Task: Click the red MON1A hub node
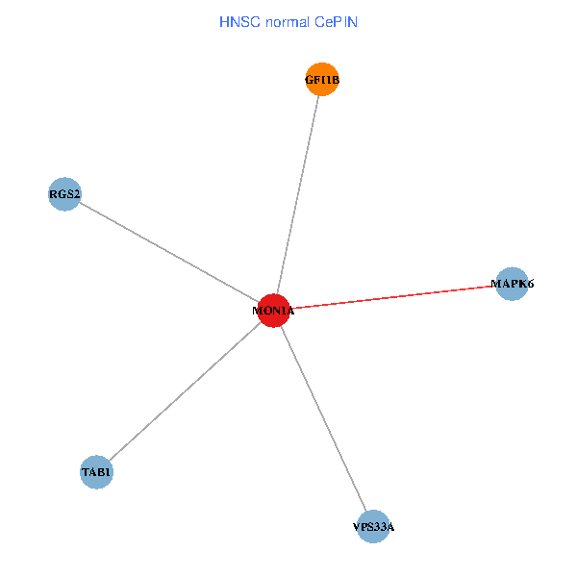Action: (x=274, y=311)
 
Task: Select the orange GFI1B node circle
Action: (x=322, y=81)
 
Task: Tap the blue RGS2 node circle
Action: (x=64, y=194)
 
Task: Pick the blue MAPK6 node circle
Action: (x=512, y=284)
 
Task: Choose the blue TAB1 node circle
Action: (x=96, y=472)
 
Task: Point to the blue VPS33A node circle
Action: (x=373, y=527)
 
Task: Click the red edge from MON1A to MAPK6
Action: (x=394, y=297)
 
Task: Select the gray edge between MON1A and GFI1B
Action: (x=299, y=192)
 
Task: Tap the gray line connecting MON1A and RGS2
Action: (x=168, y=252)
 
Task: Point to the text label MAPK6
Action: (x=512, y=284)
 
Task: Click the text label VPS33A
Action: (x=373, y=527)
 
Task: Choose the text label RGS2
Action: (x=64, y=194)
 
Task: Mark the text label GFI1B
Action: (x=322, y=81)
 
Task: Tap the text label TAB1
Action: (x=96, y=472)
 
